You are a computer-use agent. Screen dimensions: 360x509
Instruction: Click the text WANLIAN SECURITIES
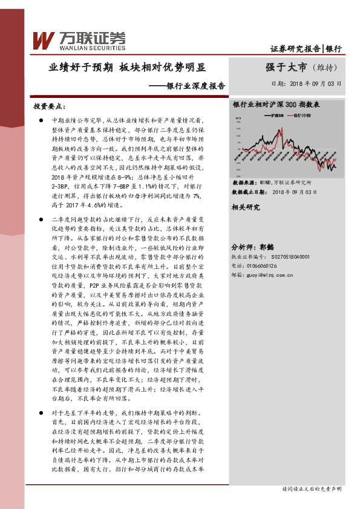(x=93, y=46)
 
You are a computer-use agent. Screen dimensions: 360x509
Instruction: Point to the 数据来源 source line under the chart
(x=272, y=182)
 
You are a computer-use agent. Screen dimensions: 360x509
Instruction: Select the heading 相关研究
(x=246, y=207)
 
